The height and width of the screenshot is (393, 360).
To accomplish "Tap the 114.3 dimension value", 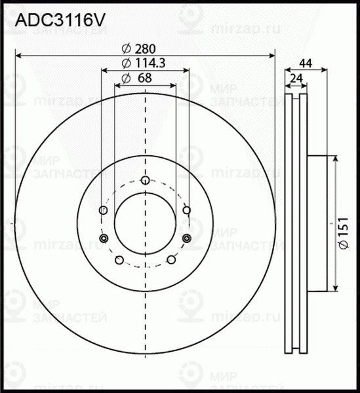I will pyautogui.click(x=150, y=64).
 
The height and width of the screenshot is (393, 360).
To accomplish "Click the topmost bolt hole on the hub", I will pyautogui.click(x=144, y=180).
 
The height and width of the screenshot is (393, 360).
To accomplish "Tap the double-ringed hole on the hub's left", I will pyautogui.click(x=102, y=238).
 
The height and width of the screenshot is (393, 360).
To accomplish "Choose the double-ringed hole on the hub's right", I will pyautogui.click(x=186, y=238).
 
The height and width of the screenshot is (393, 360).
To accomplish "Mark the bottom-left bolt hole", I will pyautogui.click(x=119, y=260).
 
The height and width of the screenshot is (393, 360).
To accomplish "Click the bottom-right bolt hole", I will pyautogui.click(x=170, y=260).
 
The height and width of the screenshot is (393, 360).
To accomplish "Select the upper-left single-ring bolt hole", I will pyautogui.click(x=102, y=210).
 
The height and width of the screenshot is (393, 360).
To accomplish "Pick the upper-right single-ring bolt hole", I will pyautogui.click(x=186, y=210).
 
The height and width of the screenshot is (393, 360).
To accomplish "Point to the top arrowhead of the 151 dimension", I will pyautogui.click(x=336, y=159).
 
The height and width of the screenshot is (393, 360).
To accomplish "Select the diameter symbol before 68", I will pyautogui.click(x=125, y=79).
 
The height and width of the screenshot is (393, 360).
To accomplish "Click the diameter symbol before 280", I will pyautogui.click(x=126, y=48).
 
